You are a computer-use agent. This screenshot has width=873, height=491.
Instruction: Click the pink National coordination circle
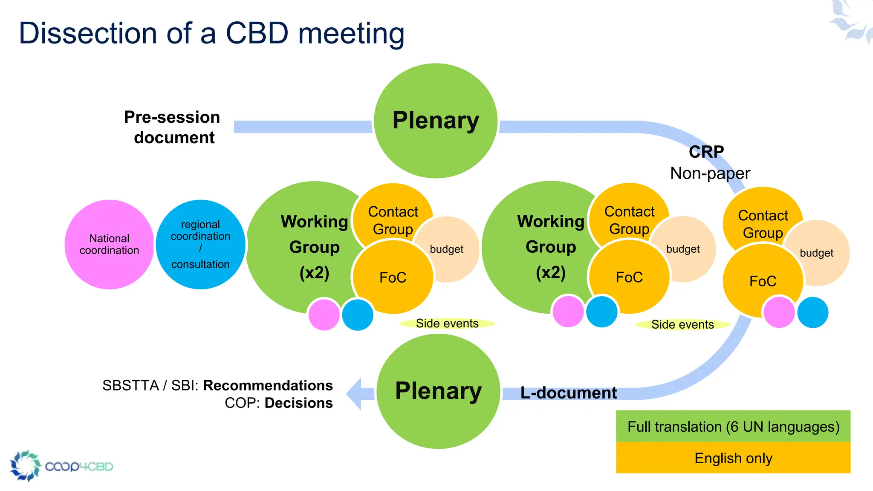[109, 244]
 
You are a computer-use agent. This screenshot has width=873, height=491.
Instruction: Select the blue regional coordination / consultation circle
[200, 244]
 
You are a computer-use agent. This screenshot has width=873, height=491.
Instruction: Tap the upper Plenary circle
[436, 121]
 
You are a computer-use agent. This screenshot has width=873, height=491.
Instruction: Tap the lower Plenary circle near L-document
[438, 391]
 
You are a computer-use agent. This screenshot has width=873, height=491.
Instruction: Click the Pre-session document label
[172, 127]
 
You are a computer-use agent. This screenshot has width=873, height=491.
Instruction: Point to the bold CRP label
[706, 152]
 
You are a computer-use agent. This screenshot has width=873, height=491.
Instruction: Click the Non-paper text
[710, 173]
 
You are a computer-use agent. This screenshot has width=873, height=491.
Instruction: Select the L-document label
[568, 393]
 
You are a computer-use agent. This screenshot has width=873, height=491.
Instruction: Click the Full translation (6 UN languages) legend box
[733, 426]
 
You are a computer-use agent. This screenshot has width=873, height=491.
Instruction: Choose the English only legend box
[733, 458]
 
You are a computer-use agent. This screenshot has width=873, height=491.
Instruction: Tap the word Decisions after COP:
[298, 403]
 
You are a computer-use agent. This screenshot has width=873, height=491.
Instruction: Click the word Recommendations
[268, 385]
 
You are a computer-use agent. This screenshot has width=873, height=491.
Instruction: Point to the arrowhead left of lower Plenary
[356, 393]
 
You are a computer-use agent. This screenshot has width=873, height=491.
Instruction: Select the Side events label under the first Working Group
[447, 323]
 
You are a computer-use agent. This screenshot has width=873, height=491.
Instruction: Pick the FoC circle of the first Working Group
[393, 277]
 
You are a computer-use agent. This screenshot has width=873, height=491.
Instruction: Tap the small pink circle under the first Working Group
[324, 315]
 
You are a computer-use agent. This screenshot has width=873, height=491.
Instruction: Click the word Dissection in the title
[88, 33]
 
